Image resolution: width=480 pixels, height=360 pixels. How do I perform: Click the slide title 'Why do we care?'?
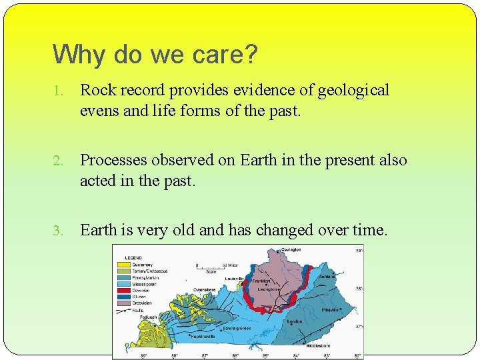[155, 55]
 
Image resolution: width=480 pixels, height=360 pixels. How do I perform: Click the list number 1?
[59, 91]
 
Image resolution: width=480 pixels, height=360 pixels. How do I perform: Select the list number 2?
[59, 161]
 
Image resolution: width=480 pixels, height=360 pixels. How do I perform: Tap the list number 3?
[59, 231]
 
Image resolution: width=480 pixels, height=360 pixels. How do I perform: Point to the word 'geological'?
[353, 90]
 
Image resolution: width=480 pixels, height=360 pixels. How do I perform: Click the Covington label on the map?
[291, 250]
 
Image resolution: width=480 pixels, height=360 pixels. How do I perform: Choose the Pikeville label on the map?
[331, 310]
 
